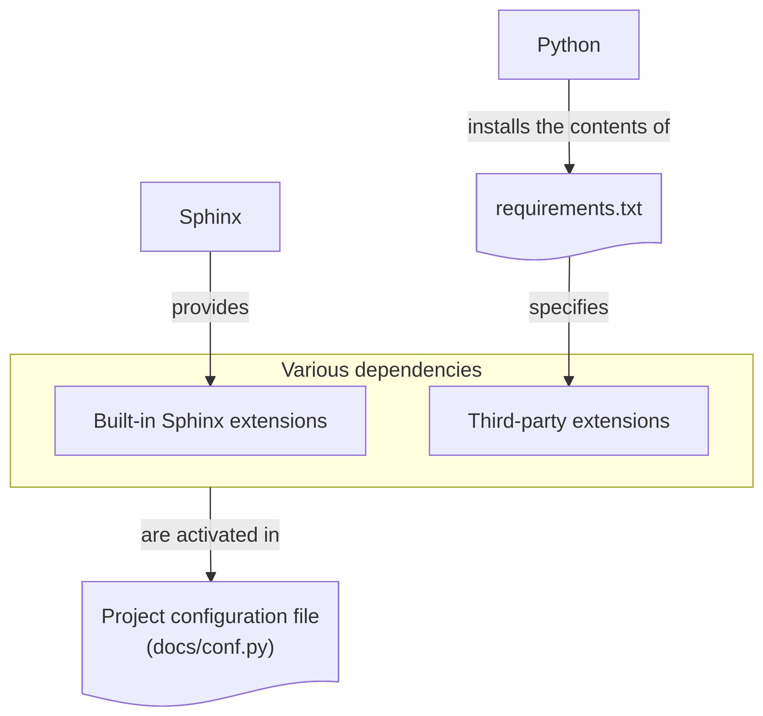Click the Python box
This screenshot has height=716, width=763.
pos(568,45)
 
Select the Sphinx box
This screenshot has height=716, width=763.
pos(210,217)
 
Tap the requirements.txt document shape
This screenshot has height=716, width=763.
pos(568,209)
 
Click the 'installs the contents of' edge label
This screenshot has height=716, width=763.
pos(568,127)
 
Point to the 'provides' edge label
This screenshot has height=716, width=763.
pos(210,307)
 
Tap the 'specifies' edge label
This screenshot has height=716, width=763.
pos(568,307)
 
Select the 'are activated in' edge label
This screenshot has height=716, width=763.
pos(210,535)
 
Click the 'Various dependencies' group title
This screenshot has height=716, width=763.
pos(381,370)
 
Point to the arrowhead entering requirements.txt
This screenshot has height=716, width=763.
pos(569,169)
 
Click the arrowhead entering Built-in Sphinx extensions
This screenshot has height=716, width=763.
pos(210,381)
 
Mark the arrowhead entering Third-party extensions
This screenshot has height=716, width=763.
pos(568,381)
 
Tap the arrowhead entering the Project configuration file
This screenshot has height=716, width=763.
pos(211,577)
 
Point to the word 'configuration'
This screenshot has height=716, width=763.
pos(229,617)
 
